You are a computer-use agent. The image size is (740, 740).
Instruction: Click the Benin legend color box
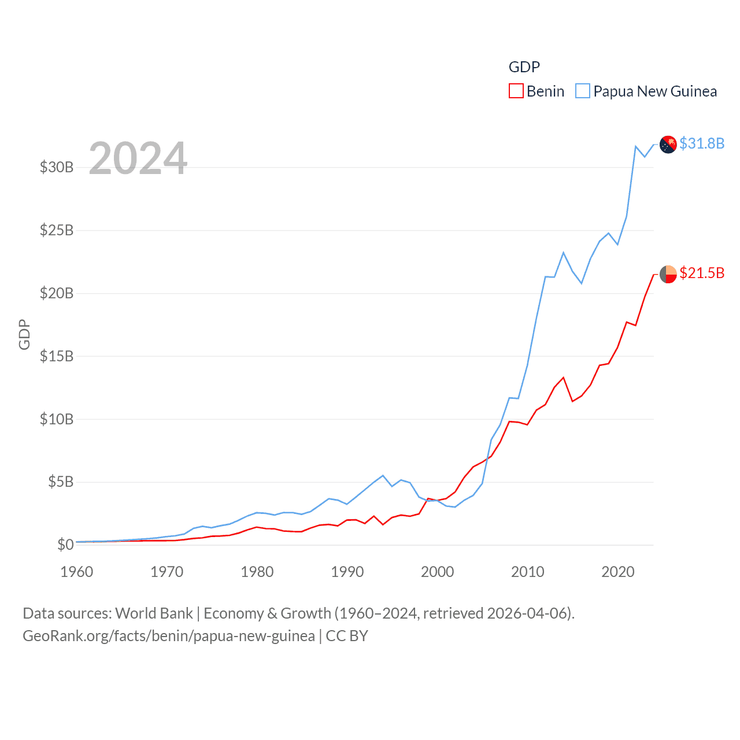[x=516, y=91]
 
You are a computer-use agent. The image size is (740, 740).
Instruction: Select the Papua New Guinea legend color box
[x=583, y=91]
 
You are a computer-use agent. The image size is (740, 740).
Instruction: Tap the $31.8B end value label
[x=702, y=143]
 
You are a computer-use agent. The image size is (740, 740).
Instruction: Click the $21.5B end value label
[x=702, y=273]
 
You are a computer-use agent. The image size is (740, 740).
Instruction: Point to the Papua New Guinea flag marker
[x=668, y=145]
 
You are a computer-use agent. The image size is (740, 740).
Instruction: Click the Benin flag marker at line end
[x=668, y=274]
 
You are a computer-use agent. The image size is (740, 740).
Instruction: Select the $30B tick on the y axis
[x=57, y=168]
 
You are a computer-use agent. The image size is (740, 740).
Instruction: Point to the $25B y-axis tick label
[x=57, y=230]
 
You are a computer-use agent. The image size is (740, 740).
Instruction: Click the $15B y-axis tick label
[x=57, y=356]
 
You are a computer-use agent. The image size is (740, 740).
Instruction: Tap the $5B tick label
[x=61, y=482]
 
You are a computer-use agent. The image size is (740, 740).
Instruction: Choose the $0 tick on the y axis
[x=65, y=545]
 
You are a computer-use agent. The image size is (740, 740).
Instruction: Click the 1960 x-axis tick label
[x=77, y=572]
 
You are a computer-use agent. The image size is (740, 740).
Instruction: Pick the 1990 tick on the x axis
[x=347, y=572]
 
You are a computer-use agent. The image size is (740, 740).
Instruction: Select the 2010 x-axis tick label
[x=528, y=572]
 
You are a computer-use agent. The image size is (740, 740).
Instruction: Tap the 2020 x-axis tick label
[x=618, y=572]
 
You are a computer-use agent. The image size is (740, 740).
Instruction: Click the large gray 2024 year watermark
[x=138, y=158]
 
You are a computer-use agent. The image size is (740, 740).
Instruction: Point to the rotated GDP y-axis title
[x=24, y=334]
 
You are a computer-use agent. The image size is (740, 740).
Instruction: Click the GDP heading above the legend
[x=524, y=67]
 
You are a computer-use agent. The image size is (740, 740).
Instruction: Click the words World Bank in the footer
[x=154, y=613]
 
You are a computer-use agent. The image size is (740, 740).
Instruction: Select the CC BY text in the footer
[x=347, y=636]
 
